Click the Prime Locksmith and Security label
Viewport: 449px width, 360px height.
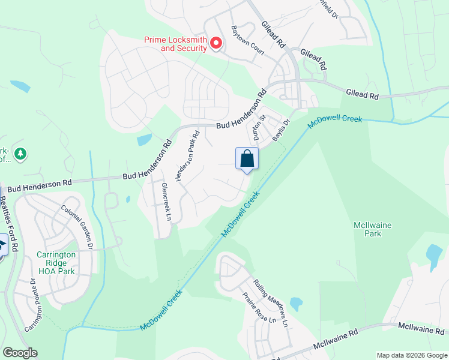point(175,44)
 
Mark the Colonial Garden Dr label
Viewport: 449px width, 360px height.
point(78,227)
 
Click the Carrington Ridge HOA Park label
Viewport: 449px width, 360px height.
point(56,263)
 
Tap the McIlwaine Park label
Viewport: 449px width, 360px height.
point(372,229)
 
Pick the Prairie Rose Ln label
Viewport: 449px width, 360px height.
point(259,307)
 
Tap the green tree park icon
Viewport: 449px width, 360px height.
point(20,154)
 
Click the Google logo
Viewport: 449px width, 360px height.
point(20,353)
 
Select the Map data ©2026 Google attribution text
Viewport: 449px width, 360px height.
point(412,355)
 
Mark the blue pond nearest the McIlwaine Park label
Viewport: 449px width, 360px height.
point(433,254)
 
